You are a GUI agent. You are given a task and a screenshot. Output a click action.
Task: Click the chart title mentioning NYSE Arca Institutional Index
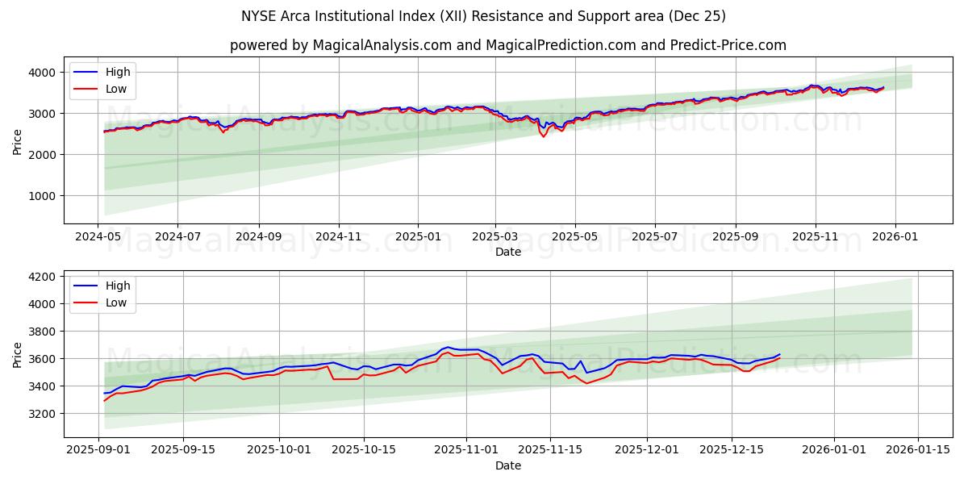point(483,16)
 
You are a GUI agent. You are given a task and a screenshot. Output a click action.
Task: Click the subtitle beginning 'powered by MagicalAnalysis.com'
point(507,45)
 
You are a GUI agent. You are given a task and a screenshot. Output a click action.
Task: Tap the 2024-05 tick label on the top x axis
point(98,237)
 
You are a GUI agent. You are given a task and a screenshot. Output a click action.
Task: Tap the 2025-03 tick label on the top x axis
point(495,237)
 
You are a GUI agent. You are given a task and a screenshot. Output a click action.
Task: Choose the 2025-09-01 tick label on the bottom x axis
point(98,450)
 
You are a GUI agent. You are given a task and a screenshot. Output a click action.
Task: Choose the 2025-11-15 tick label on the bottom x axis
point(550,450)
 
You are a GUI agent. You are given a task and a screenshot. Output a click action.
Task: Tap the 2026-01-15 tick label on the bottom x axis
point(917,450)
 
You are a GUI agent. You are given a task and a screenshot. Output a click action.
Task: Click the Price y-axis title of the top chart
point(18,140)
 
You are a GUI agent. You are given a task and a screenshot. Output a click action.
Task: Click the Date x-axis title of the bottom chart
point(507,465)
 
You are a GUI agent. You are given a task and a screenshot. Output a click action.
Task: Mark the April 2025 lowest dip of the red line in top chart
point(543,136)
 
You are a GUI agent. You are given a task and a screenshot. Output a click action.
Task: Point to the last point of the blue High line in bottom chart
point(779,354)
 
